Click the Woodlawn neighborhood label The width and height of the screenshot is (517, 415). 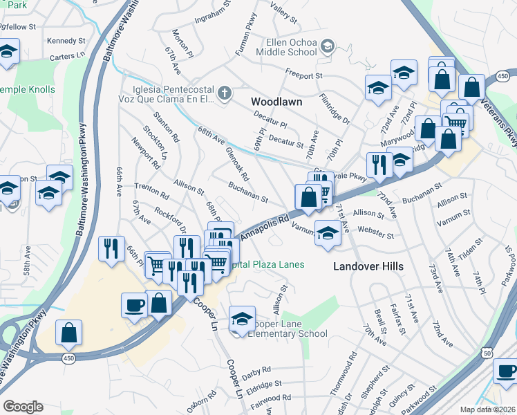tap(276, 102)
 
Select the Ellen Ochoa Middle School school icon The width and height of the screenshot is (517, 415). tap(328, 46)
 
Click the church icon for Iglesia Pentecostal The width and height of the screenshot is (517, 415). tap(224, 93)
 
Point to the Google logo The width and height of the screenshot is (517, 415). tap(23, 406)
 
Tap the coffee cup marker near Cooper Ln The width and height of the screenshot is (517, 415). tap(134, 304)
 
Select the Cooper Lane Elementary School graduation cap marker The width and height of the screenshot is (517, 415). tap(241, 319)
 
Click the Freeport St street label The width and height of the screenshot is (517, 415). tap(304, 73)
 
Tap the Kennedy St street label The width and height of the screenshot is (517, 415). tap(66, 41)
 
